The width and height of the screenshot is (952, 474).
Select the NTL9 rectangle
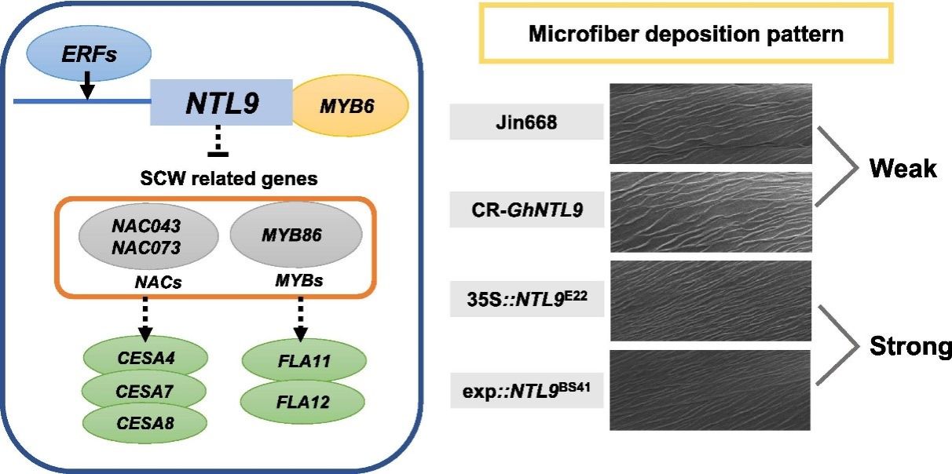click(x=221, y=103)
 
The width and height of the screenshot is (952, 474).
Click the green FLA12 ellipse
click(x=305, y=401)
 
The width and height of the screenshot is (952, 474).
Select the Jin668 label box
click(x=526, y=123)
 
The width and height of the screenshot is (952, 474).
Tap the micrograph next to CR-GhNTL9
click(x=711, y=211)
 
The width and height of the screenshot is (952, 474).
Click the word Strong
click(x=910, y=345)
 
